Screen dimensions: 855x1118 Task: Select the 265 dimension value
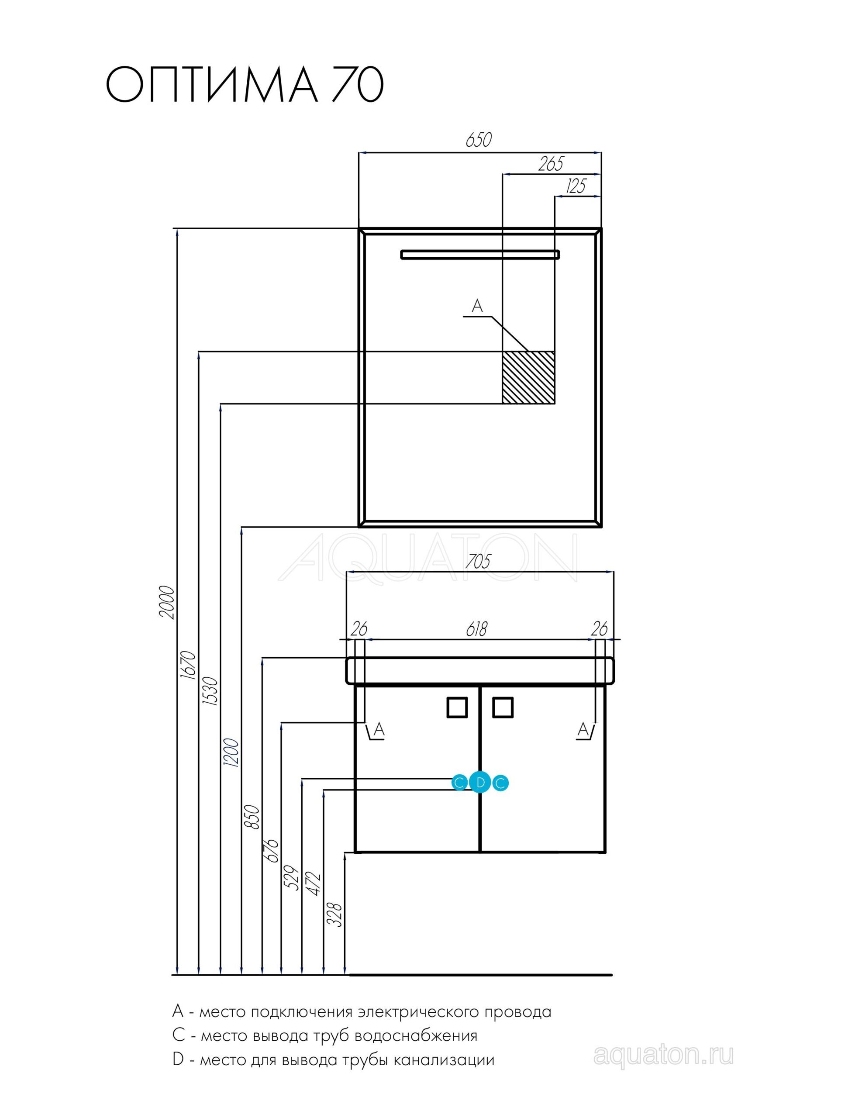[551, 164]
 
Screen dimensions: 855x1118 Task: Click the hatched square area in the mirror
[528, 378]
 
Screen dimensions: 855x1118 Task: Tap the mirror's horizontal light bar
[480, 255]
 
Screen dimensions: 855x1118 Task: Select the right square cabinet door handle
[503, 707]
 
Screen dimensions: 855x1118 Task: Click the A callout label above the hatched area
[477, 306]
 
